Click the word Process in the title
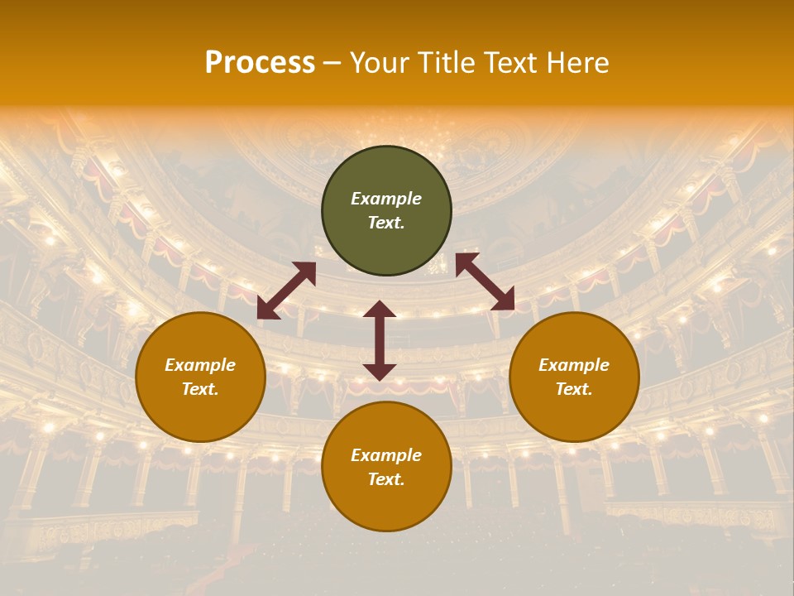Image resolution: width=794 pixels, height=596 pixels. (x=260, y=63)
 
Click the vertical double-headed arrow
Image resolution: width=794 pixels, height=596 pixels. (x=380, y=340)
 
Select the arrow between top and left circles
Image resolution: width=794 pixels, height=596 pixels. (x=286, y=291)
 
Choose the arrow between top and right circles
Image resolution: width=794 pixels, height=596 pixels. (x=485, y=281)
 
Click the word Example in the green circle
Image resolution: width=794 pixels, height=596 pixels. (x=386, y=199)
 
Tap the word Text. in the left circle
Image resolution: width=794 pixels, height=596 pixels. (x=200, y=389)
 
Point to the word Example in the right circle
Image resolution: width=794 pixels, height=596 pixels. (x=574, y=365)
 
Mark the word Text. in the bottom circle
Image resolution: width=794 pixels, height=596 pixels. (x=386, y=479)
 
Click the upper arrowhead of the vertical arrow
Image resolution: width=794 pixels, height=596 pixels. (x=380, y=310)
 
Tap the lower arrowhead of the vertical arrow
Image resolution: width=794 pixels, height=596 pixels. (x=380, y=371)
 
